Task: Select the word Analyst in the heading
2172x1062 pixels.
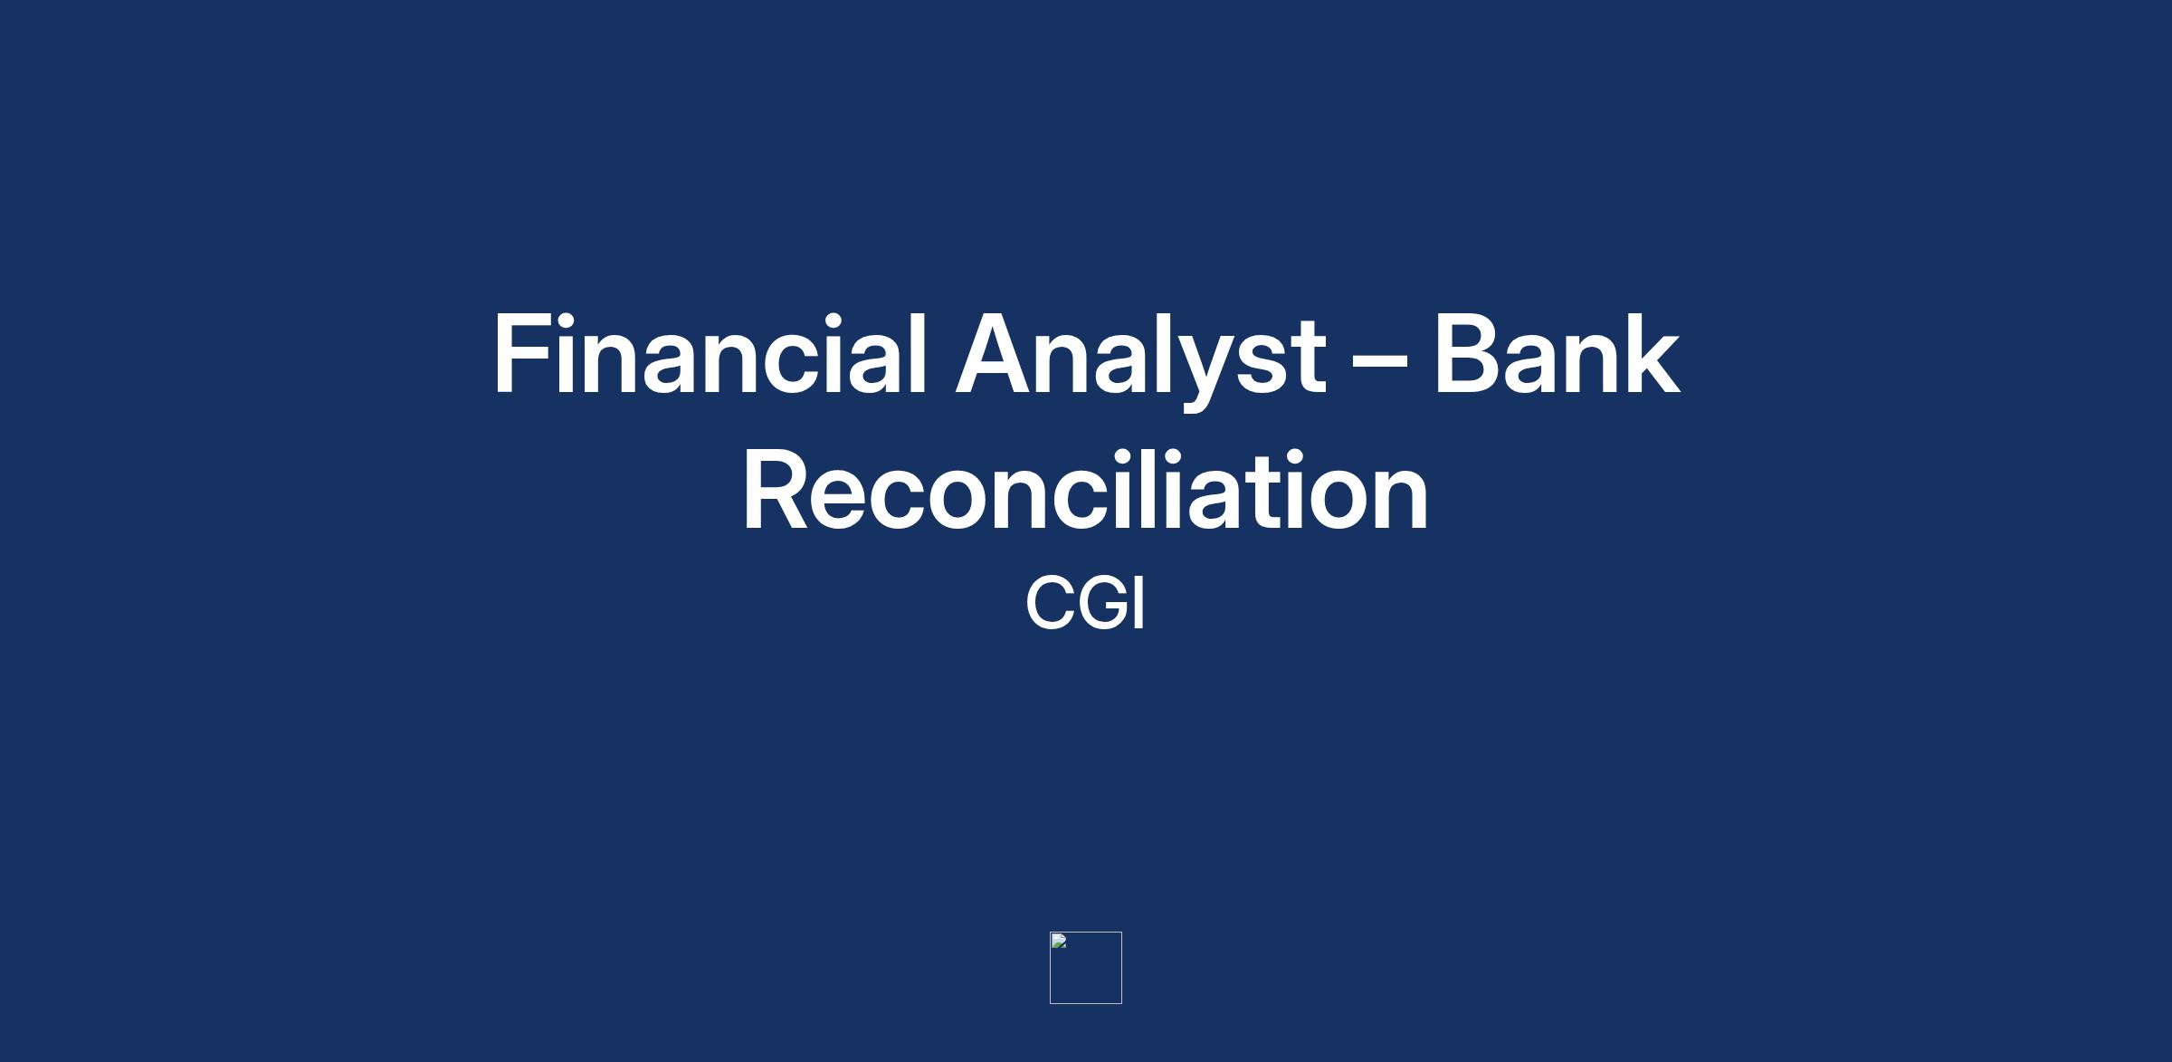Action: pyautogui.click(x=1140, y=359)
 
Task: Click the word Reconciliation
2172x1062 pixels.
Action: pyautogui.click(x=1086, y=490)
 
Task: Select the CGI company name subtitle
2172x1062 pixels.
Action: pyautogui.click(x=1085, y=603)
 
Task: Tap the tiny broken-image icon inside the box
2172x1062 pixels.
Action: pyautogui.click(x=1059, y=941)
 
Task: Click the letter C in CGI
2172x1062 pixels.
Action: pyautogui.click(x=1050, y=603)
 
